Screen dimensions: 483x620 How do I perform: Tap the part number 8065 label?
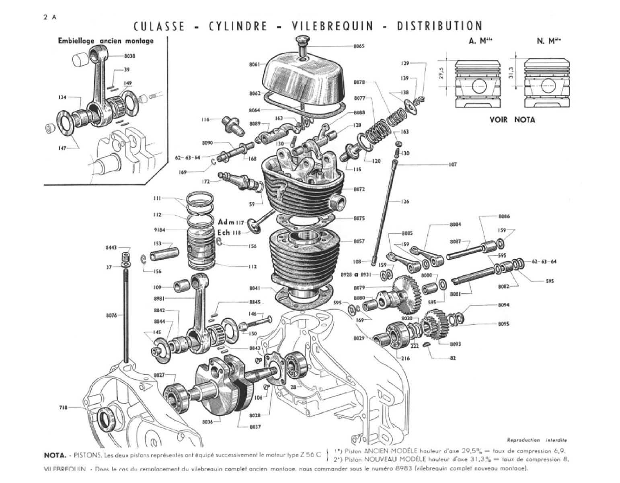pos(359,46)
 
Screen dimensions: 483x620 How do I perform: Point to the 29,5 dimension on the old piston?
pos(442,74)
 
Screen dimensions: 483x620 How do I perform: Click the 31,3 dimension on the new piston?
pos(511,74)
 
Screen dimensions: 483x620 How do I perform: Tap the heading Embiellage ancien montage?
pos(106,41)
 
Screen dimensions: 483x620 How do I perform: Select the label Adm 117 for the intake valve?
pos(231,222)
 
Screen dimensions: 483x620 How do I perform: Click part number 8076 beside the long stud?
pos(111,316)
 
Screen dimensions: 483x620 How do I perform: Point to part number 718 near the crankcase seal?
pos(64,407)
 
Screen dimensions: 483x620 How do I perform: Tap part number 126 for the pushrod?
pos(405,201)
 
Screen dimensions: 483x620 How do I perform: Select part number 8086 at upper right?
pos(504,216)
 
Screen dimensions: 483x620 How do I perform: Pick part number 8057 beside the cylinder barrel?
pos(359,241)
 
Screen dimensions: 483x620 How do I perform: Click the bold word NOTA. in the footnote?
pos(55,455)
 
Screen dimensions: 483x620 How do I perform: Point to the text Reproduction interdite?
pos(537,440)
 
